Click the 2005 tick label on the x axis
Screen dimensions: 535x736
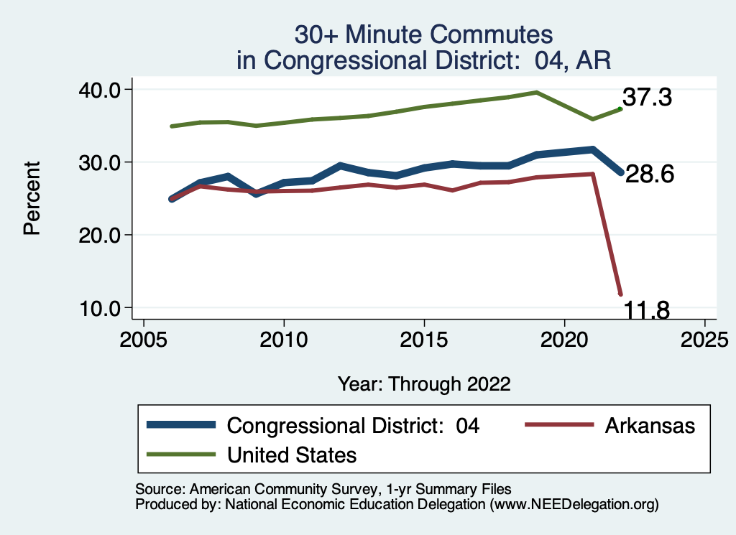[144, 338]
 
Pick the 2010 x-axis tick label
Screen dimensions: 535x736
[284, 338]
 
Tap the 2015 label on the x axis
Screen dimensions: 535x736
[424, 338]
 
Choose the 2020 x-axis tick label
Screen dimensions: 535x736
[564, 338]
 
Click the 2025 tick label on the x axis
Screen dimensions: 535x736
[704, 338]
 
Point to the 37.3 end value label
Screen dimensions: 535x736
[647, 97]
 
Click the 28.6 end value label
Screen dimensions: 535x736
[649, 174]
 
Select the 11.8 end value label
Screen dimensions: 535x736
[645, 310]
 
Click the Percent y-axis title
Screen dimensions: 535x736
[31, 198]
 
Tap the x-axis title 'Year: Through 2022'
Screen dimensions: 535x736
[424, 383]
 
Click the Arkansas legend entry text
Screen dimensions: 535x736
[650, 426]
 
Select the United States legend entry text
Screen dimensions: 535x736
[292, 455]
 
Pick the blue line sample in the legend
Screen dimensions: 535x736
[181, 425]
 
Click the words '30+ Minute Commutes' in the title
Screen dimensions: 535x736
[424, 34]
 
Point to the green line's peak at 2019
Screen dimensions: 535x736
[536, 92]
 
